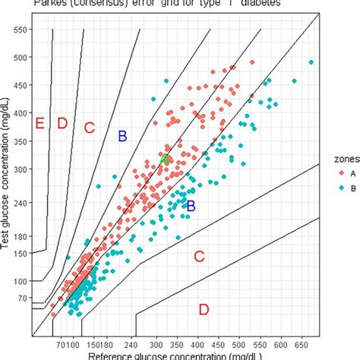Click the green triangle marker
tap(165, 158)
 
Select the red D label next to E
tap(62, 124)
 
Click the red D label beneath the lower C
tap(204, 309)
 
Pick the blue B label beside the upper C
tap(122, 136)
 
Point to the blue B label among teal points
tap(191, 206)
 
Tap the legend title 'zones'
tap(343, 157)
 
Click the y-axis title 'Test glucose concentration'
tap(7, 182)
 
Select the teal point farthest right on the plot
tap(310, 62)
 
